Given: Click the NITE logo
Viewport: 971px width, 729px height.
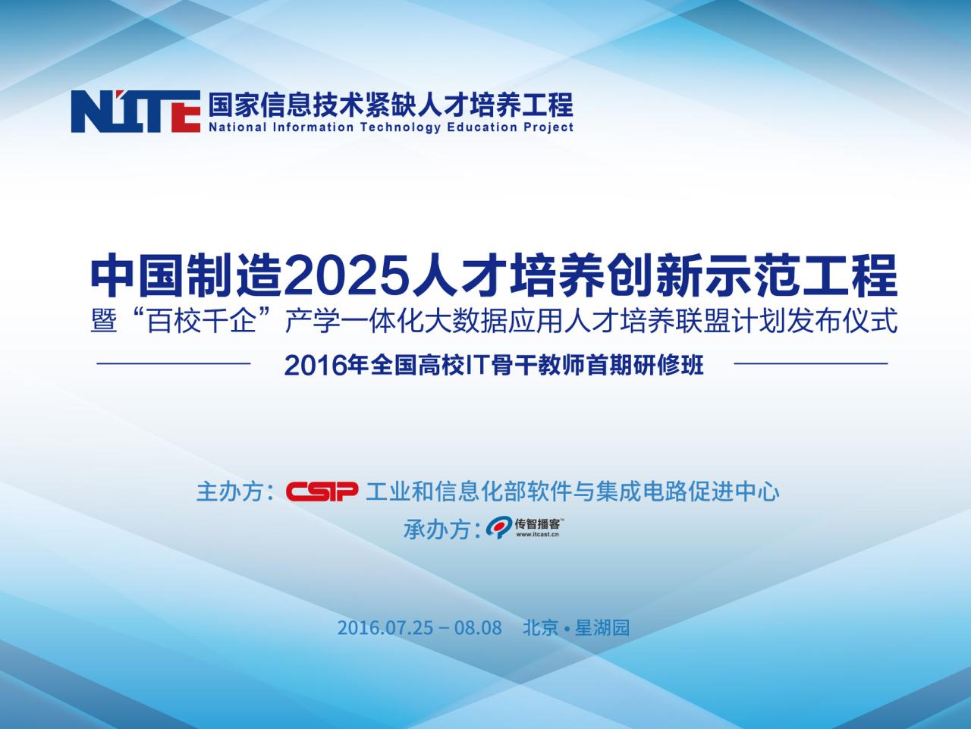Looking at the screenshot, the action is tap(136, 112).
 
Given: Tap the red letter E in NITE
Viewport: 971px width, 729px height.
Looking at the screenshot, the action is tap(183, 112).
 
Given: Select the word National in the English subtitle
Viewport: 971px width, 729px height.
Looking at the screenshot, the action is tap(237, 127).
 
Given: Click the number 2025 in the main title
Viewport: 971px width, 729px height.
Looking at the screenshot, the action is tap(347, 275).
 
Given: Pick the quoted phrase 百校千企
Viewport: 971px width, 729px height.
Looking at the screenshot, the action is tap(202, 320).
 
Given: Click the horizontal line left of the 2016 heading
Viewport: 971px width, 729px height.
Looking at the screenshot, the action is tap(174, 363).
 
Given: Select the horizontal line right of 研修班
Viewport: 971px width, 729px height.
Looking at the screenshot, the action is tap(811, 363).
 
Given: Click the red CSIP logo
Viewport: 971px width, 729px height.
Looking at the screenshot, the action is tap(322, 492).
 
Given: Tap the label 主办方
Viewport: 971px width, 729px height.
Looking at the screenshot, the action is tap(230, 492).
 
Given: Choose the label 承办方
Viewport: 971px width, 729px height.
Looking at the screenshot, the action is tap(437, 529).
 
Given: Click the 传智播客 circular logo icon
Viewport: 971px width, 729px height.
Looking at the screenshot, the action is tap(499, 528).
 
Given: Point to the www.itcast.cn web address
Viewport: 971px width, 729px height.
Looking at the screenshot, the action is tap(538, 534).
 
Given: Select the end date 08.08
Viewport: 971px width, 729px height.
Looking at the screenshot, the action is tap(478, 627).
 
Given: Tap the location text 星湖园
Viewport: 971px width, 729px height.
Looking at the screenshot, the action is tap(602, 627).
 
